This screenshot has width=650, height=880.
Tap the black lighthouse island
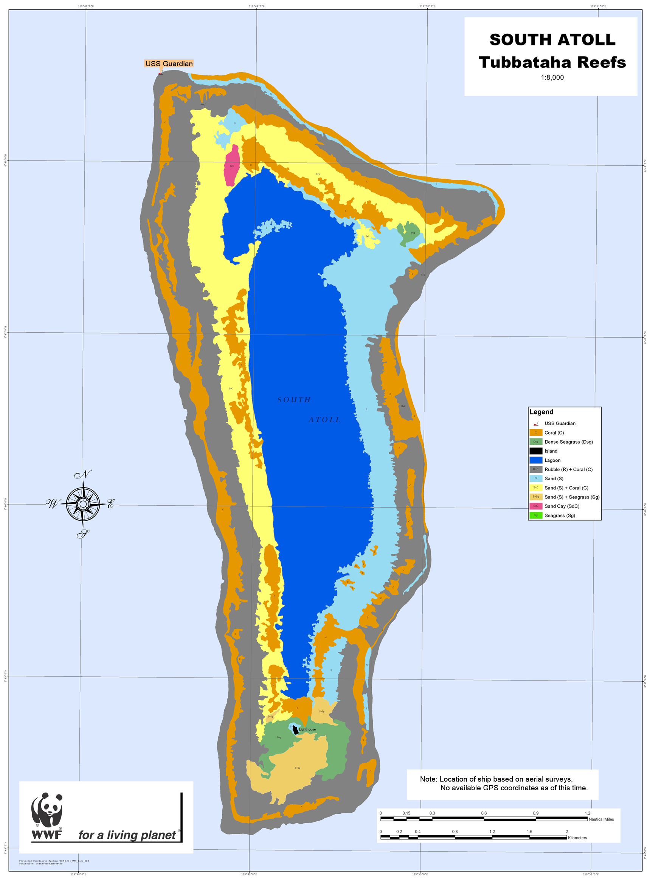295,730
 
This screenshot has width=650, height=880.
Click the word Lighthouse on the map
307,729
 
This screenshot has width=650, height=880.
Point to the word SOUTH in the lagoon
294,400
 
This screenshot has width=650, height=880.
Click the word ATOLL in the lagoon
324,420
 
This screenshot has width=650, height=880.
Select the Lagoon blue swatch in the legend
535,460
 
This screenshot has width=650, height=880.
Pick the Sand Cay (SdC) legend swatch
535,506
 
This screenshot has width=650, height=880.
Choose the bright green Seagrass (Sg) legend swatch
535,515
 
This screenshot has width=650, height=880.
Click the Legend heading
541,412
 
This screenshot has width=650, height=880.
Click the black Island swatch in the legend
535,451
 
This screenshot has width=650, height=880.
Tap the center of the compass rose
83,504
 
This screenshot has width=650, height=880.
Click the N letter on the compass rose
83,474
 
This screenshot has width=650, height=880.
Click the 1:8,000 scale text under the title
552,78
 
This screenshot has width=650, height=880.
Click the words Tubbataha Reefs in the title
552,62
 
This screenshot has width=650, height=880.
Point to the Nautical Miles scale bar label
601,819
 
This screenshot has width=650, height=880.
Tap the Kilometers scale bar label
577,838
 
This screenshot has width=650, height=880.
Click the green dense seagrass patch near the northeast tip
408,233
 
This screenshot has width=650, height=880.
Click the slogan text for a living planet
127,835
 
